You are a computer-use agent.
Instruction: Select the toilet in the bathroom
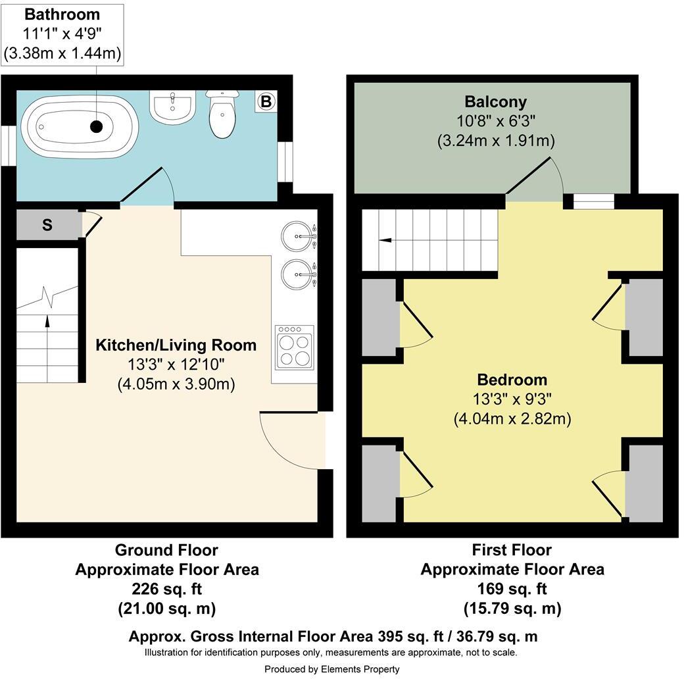click(222, 115)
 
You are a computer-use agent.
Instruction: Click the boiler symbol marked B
click(266, 102)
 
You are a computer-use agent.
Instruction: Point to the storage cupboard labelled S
click(47, 225)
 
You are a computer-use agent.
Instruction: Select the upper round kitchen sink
click(297, 235)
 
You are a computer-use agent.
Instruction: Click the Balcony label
click(495, 101)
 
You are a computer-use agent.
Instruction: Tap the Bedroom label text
click(512, 380)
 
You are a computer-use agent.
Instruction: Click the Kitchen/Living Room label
click(176, 345)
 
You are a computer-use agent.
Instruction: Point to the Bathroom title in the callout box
click(62, 14)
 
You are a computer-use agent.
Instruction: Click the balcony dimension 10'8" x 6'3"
click(495, 121)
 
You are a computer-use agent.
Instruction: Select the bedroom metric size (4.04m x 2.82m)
click(512, 418)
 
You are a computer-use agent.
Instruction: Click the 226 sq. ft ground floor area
click(166, 589)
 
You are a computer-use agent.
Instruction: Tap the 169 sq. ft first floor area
click(512, 589)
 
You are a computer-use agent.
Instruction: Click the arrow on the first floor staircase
click(385, 241)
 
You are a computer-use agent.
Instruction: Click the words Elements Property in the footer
click(360, 668)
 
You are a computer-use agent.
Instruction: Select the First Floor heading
click(512, 549)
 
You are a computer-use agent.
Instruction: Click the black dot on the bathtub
click(97, 127)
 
